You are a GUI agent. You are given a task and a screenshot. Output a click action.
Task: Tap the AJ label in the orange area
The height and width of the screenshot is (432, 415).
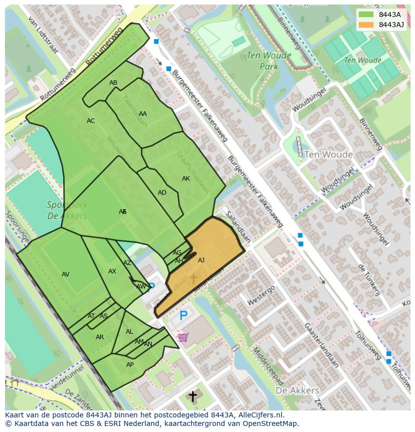[x=201, y=260]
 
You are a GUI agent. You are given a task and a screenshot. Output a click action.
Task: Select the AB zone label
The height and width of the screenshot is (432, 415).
[x=113, y=83]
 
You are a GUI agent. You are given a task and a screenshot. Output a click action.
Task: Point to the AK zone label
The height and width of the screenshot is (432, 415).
[x=186, y=179]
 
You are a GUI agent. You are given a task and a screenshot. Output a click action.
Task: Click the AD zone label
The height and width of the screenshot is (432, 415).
[x=162, y=193]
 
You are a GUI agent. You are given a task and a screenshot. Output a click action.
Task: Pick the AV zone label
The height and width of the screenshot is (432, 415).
[x=66, y=274]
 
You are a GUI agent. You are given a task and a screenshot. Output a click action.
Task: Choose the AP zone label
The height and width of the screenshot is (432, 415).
[x=130, y=365]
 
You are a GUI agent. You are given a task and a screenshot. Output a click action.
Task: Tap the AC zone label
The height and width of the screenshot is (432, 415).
[x=91, y=121]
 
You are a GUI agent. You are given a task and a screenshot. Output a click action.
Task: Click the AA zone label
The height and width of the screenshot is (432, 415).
[x=143, y=114]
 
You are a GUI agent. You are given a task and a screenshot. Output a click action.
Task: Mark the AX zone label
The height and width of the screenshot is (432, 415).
[x=112, y=271]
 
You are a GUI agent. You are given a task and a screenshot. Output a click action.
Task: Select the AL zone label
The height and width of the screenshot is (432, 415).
[x=129, y=332]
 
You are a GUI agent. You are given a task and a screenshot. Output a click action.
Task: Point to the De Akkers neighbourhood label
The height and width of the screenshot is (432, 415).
[x=297, y=390]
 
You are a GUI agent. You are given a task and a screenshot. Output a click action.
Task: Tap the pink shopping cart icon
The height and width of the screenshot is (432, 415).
[x=183, y=337]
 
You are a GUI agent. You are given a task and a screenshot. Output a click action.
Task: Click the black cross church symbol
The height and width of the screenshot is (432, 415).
[x=192, y=396]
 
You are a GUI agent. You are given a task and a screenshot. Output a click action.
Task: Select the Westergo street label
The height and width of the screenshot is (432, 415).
[x=261, y=296]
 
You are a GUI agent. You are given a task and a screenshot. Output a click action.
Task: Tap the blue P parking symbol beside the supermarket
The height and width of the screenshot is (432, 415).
[x=183, y=316]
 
